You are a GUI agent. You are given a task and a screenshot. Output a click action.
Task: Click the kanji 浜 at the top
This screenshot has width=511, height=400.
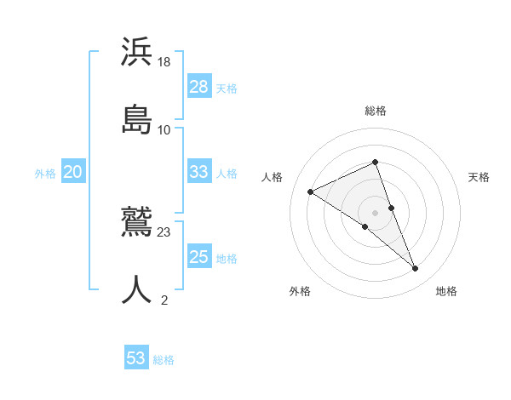pos(136,51)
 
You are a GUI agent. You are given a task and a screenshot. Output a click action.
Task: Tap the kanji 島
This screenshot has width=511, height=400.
pos(136,118)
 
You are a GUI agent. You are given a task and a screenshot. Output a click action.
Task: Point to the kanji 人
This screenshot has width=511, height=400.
pos(136,290)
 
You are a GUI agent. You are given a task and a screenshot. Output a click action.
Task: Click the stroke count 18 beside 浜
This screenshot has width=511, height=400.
pos(165,62)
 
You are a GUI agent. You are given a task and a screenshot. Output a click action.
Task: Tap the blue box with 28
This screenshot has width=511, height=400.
pos(199,87)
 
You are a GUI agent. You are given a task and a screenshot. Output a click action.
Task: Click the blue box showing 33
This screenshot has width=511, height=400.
pos(199,172)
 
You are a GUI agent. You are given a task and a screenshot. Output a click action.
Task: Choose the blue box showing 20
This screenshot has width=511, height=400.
pos(73,172)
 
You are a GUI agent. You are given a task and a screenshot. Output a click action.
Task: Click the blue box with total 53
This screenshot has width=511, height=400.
pos(136,358)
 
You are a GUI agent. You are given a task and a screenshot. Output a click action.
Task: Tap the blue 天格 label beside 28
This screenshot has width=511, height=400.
pos(227,88)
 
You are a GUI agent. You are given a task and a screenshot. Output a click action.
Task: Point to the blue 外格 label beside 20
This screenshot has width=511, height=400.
pos(45,173)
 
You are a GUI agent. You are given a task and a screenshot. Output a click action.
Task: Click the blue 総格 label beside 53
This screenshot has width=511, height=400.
pos(164,359)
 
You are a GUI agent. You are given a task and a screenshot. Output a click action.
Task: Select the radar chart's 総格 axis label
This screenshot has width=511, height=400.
pos(375,111)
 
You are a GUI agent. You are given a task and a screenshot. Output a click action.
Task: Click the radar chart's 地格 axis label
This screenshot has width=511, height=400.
pos(446,291)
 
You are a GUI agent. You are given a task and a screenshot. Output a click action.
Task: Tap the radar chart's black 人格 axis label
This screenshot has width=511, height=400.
pos(272,177)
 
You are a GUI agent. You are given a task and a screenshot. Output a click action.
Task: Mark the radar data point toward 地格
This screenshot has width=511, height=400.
pos(416,269)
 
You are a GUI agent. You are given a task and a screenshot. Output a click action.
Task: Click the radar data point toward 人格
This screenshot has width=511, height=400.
pos(311,192)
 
